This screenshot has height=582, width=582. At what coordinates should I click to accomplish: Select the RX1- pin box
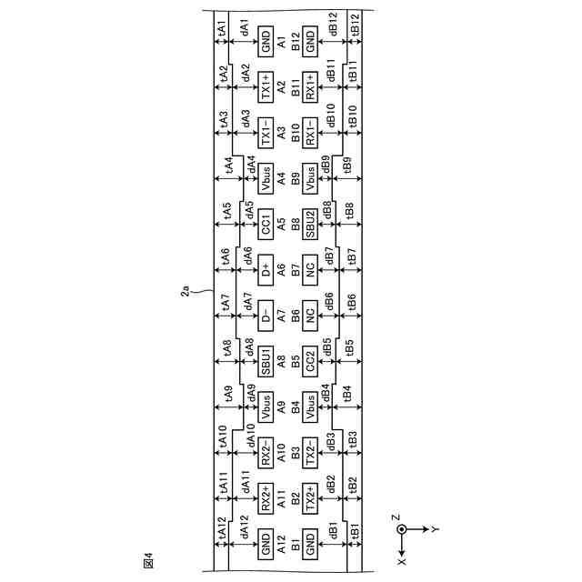[x=310, y=135]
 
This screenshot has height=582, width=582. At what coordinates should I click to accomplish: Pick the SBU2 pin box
[x=310, y=225]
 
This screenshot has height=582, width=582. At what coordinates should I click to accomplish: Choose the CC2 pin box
[x=310, y=361]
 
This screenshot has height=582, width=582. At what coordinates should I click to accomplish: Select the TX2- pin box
[x=310, y=452]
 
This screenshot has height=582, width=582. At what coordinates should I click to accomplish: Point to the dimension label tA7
[x=225, y=301]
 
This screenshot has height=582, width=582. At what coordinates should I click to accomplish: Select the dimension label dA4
[x=250, y=166]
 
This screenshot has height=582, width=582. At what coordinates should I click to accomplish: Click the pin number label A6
[x=282, y=270]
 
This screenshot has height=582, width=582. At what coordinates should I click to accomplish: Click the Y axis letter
[x=436, y=528]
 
